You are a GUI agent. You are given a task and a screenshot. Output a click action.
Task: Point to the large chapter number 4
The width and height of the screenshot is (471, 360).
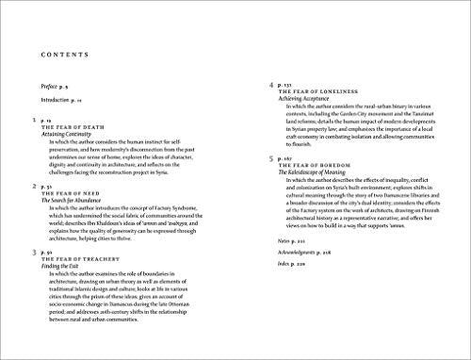point(271,85)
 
